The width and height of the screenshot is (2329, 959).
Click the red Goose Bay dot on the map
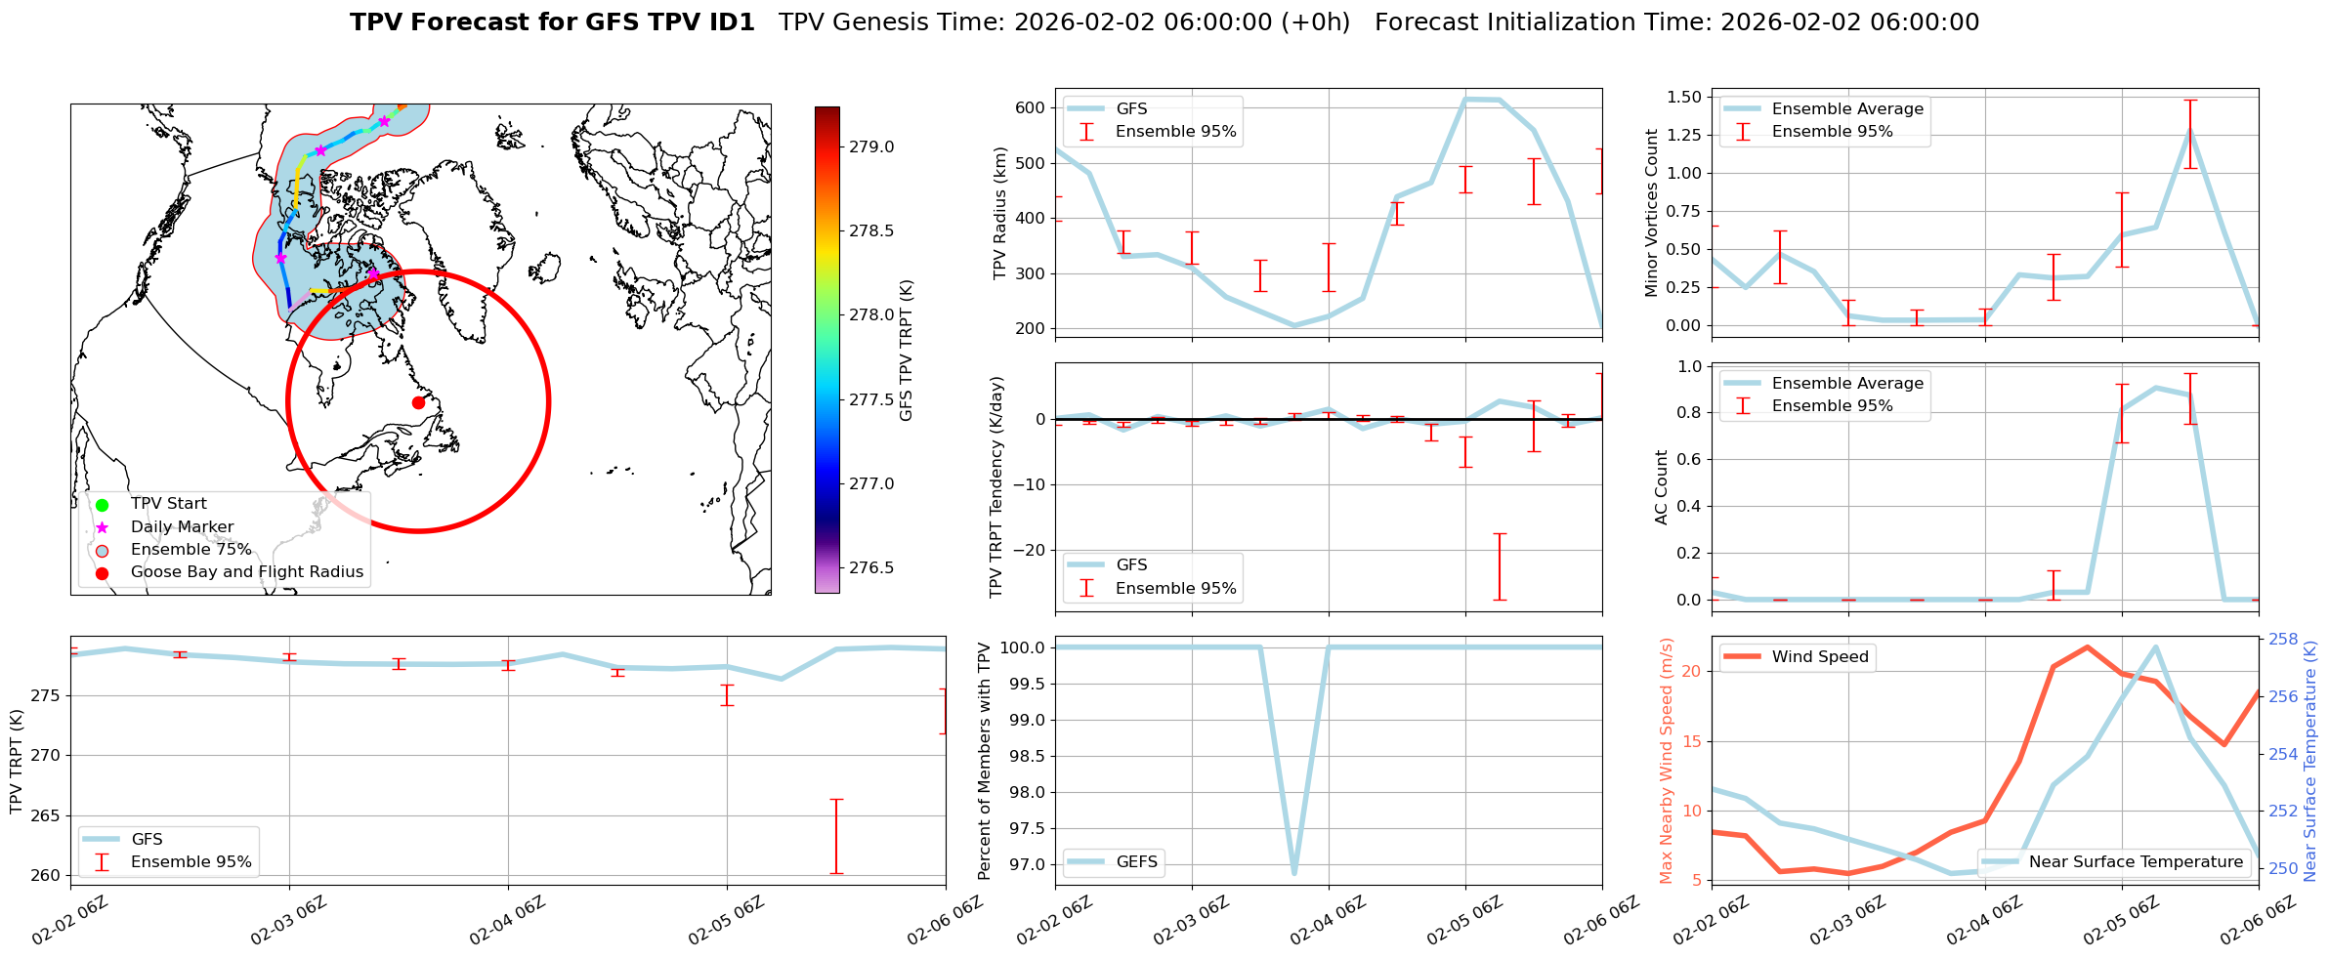click(x=418, y=402)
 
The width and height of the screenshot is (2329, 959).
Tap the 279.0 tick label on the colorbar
click(x=871, y=147)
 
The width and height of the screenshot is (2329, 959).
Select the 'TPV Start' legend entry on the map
click(x=168, y=504)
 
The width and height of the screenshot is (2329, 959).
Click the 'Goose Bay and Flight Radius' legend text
click(x=246, y=572)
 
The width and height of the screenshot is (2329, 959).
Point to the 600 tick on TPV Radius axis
click(x=1031, y=108)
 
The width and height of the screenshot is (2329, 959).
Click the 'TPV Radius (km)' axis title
click(x=999, y=213)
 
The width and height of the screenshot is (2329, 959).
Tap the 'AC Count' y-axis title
click(x=1662, y=487)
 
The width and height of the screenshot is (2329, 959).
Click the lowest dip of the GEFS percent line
click(x=1294, y=873)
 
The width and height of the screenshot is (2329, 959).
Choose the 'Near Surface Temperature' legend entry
click(x=2136, y=862)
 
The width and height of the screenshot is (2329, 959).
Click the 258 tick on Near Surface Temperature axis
click(x=2283, y=640)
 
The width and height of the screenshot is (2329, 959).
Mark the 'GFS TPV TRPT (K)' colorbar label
click(x=906, y=350)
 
